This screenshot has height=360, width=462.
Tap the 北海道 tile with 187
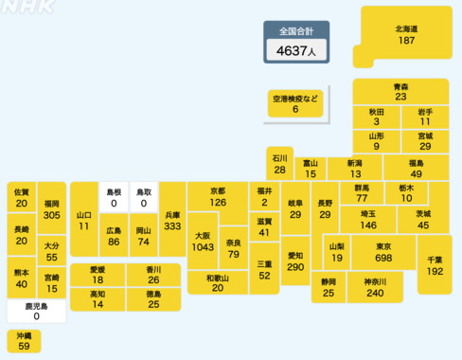tap(407, 35)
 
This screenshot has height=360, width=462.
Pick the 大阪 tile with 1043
tap(202, 241)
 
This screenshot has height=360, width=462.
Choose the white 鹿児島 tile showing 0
tap(36, 311)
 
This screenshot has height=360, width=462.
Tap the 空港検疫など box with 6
tap(295, 103)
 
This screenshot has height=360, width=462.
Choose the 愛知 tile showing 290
tap(295, 261)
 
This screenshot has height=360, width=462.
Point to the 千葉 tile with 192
tap(435, 265)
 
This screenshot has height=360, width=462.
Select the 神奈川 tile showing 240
tap(374, 287)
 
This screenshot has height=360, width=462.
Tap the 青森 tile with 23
tap(400, 91)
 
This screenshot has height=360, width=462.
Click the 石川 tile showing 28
tap(279, 164)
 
